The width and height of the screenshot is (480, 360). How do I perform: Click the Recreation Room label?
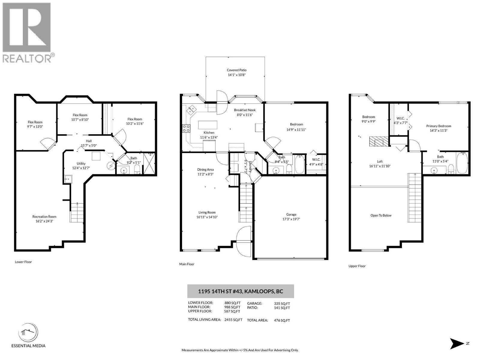tap(44, 217)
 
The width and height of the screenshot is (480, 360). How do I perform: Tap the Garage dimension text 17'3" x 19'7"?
tap(291, 219)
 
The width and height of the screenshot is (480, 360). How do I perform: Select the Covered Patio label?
tap(236, 70)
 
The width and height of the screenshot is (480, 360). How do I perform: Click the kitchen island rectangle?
tap(207, 124)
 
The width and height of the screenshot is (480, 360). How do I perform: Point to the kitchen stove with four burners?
tap(186, 129)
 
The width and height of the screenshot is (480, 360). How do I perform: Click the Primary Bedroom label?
tap(439, 126)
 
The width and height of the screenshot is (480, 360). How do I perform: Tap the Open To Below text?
tap(381, 215)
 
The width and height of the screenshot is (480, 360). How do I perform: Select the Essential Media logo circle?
tap(28, 333)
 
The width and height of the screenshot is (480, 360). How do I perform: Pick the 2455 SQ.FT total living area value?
tap(233, 320)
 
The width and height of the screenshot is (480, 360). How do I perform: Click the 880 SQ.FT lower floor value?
tap(232, 303)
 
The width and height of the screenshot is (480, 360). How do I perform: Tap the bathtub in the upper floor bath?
tap(462, 163)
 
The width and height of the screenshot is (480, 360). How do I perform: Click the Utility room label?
tap(81, 163)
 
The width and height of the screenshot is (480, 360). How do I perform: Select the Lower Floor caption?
tap(23, 262)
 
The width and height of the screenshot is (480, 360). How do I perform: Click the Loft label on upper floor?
tap(379, 161)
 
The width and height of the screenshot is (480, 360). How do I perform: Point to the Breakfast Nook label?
tap(245, 110)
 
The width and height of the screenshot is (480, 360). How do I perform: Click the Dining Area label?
tap(205, 169)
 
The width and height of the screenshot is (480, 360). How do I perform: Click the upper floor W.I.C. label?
tap(400, 118)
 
